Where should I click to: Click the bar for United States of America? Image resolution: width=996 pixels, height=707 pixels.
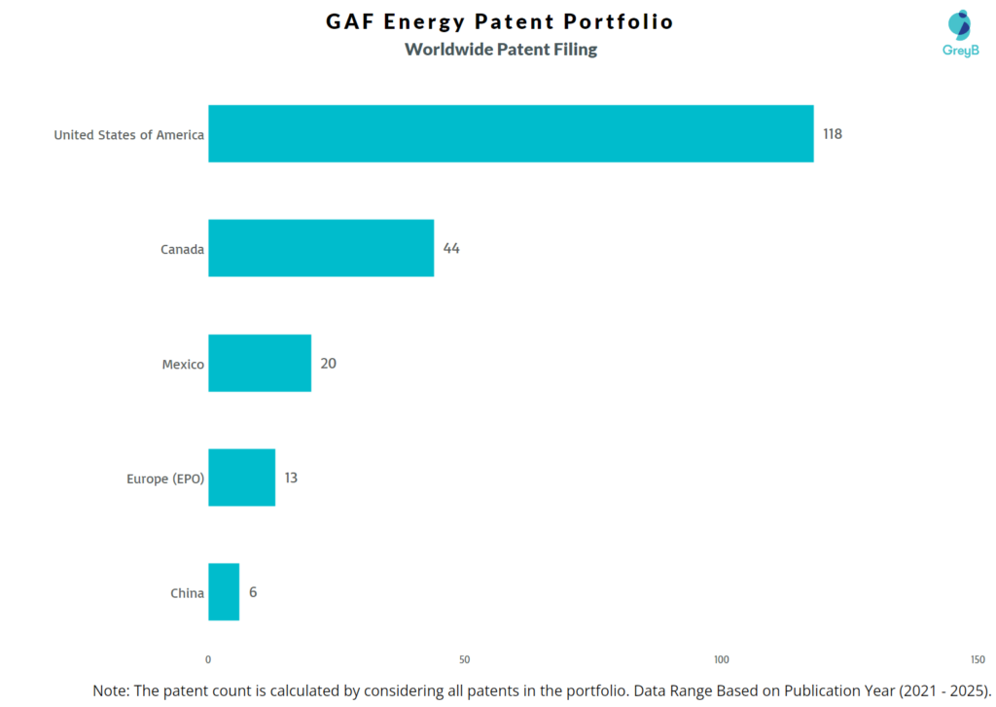(511, 133)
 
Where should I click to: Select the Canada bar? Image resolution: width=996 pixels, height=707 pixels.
(321, 248)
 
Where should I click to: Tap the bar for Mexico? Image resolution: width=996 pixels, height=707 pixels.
(260, 363)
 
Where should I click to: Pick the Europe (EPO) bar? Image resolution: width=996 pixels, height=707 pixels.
(241, 477)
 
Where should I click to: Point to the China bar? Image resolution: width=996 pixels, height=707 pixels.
(224, 592)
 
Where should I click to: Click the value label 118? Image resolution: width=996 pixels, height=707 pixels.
(833, 134)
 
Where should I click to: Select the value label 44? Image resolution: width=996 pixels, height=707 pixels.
(451, 249)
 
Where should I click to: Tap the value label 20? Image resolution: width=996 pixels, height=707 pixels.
(329, 364)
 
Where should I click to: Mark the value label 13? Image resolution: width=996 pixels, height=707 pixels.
(291, 478)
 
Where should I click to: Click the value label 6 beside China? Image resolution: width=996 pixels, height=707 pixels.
(253, 592)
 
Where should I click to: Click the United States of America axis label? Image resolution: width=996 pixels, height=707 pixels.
(128, 135)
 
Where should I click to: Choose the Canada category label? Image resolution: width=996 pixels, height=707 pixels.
(182, 250)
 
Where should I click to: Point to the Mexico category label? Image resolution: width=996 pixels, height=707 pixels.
(183, 365)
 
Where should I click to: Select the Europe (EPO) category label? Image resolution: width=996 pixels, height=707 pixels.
(165, 478)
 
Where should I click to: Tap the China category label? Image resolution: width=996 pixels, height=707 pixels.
(188, 593)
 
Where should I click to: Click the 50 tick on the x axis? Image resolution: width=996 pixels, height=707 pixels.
(465, 659)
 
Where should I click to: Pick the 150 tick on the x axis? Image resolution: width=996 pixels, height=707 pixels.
(978, 659)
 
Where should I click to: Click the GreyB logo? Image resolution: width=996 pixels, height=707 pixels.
(960, 33)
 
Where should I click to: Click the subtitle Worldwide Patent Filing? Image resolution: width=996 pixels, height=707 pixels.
(501, 50)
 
